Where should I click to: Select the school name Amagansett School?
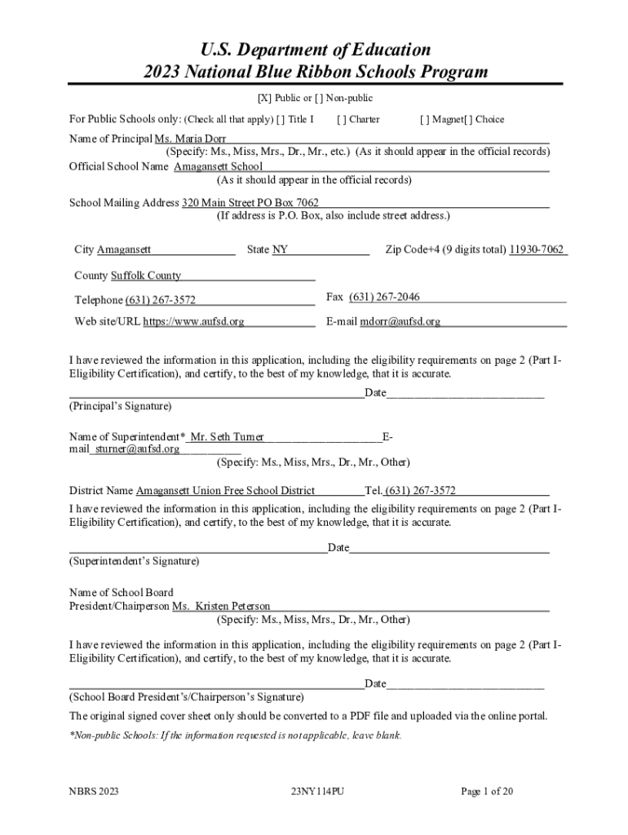tap(218, 166)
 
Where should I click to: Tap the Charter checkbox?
tap(341, 119)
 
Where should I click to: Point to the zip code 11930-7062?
tap(536, 250)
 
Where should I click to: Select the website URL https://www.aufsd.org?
tap(193, 321)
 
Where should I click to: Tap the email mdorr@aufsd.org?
tap(400, 321)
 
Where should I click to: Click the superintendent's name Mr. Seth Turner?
tap(227, 437)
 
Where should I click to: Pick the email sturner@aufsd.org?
tap(137, 448)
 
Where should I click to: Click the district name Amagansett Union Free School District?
tap(225, 491)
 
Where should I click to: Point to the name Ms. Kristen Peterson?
tap(221, 607)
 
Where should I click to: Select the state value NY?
tap(280, 250)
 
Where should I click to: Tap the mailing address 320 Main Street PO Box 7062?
tap(250, 202)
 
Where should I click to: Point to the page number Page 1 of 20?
tap(487, 791)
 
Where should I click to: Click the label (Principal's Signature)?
tap(120, 405)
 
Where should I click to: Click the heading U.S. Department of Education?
tap(315, 50)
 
